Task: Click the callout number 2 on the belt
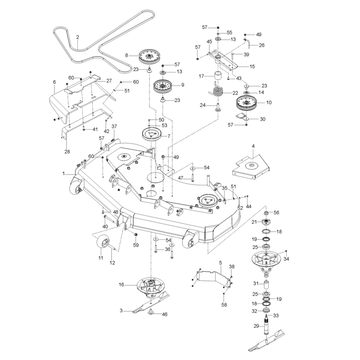pyautogui.click(x=77, y=37)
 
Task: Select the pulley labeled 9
pyautogui.click(x=163, y=87)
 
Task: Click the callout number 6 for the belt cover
pyautogui.click(x=54, y=82)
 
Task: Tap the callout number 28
pyautogui.click(x=67, y=152)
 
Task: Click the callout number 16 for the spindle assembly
pyautogui.click(x=121, y=285)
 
